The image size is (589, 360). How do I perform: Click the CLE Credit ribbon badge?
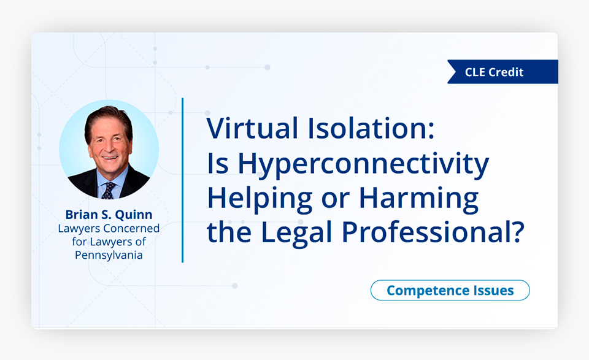pyautogui.click(x=502, y=72)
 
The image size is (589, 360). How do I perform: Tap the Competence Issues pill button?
pyautogui.click(x=450, y=290)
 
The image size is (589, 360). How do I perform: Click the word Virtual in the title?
pyautogui.click(x=252, y=128)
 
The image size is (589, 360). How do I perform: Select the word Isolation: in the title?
pyautogui.click(x=371, y=128)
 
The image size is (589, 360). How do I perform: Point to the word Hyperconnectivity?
pyautogui.click(x=363, y=164)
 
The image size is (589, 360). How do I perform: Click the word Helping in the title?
pyautogui.click(x=260, y=199)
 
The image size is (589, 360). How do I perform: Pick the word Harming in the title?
pyautogui.click(x=418, y=199)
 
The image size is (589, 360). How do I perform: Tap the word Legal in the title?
pyautogui.click(x=296, y=232)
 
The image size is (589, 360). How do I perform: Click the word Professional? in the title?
pyautogui.click(x=433, y=232)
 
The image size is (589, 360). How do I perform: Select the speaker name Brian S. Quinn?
pyautogui.click(x=109, y=215)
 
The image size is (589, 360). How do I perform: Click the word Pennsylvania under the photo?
pyautogui.click(x=109, y=255)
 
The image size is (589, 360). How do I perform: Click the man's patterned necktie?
pyautogui.click(x=109, y=190)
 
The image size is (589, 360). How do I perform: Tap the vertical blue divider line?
pyautogui.click(x=183, y=180)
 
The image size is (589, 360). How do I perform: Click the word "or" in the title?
pyautogui.click(x=336, y=200)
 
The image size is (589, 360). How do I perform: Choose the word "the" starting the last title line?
pyautogui.click(x=229, y=232)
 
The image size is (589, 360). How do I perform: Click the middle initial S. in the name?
pyautogui.click(x=106, y=215)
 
